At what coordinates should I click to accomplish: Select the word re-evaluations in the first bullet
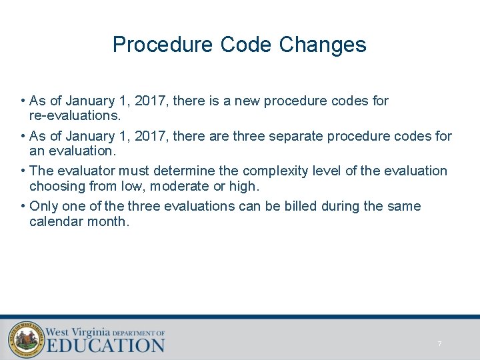pos(75,115)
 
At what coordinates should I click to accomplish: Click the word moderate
pos(174,186)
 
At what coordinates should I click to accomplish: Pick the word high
pos(243,186)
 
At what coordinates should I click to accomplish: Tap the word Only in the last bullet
pos(44,206)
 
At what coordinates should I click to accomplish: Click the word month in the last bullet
pos(107,221)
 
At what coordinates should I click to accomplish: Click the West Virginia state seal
pos(25,339)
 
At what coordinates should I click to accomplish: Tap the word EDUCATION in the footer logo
pos(105,345)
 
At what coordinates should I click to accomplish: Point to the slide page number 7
pos(439,344)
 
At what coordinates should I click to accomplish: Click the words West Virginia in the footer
pos(77,331)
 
